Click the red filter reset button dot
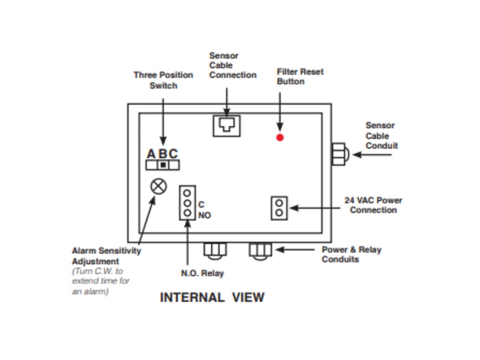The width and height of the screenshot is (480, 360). coord(280,137)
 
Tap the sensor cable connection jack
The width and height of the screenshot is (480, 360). coord(227,126)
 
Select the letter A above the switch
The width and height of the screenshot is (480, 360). coord(151,154)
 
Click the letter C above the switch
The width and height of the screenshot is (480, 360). coord(173,154)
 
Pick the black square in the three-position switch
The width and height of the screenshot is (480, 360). coord(163,165)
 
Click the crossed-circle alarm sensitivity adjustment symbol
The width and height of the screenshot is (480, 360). coord(158,186)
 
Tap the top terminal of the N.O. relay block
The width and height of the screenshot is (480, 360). coord(187,193)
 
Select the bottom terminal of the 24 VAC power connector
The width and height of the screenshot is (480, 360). coord(279,213)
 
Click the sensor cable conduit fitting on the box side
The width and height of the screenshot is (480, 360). coord(338,154)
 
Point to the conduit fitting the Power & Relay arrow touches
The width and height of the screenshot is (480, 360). coord(260,250)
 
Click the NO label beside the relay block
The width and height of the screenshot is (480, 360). coord(204,215)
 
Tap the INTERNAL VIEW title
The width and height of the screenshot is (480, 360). coord(212,298)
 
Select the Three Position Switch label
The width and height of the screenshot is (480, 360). coord(163,80)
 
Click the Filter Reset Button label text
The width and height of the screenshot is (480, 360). coord(300,76)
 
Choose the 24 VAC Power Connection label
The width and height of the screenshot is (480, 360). coord(373,205)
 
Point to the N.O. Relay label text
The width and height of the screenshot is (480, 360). coord(202,273)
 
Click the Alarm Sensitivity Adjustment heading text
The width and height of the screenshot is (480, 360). coord(106,256)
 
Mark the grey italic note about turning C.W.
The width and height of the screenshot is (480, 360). coord(100,281)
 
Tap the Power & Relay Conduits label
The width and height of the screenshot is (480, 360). coord(351,255)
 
